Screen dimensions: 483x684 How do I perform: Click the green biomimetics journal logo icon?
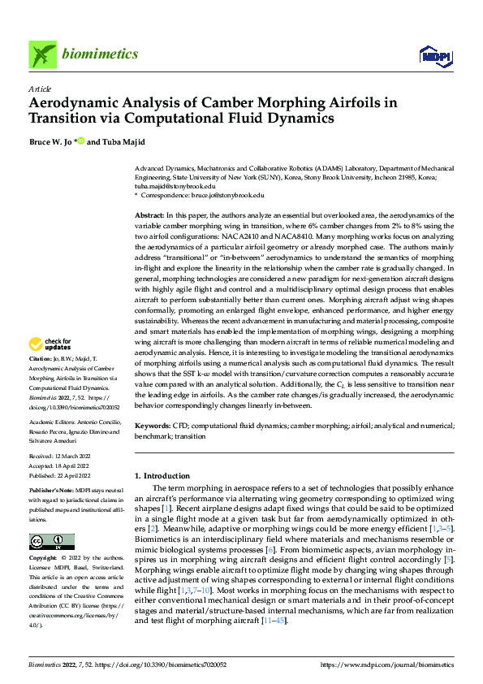(x=43, y=54)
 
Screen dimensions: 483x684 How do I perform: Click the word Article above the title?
(x=39, y=89)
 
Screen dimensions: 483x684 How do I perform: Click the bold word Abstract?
(x=151, y=212)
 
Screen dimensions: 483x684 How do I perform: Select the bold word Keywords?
(x=153, y=425)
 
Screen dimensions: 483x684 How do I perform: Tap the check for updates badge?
(x=51, y=367)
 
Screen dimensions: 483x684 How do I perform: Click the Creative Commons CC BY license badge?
(x=51, y=542)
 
